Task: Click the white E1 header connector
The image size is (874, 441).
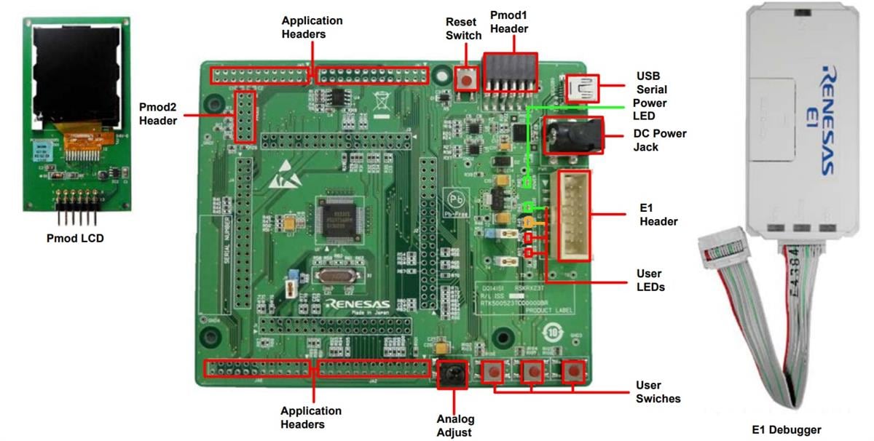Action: pos(575,216)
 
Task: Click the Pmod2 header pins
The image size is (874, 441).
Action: pos(244,119)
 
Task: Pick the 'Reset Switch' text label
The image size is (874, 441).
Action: pos(463,29)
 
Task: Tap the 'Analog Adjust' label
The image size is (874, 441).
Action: pos(455,425)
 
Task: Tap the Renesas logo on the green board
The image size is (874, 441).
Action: pos(358,304)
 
